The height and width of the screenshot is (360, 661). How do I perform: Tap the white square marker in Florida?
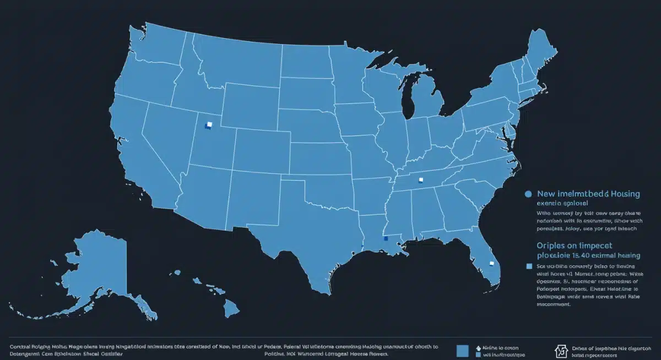(x=490, y=264)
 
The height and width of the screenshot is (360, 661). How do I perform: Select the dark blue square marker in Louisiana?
(x=386, y=238)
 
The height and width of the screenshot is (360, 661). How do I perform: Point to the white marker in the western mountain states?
(x=208, y=125)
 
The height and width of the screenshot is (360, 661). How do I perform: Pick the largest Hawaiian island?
(x=230, y=304)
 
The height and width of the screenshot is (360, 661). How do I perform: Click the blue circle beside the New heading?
(x=528, y=194)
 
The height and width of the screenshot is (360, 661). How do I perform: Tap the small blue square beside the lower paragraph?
(x=529, y=266)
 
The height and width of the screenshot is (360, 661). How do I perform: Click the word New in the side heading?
(x=546, y=194)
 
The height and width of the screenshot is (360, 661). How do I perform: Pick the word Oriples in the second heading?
(x=551, y=246)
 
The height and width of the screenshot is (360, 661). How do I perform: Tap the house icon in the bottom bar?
(x=562, y=351)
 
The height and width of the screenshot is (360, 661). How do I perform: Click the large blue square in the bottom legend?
(x=463, y=351)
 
